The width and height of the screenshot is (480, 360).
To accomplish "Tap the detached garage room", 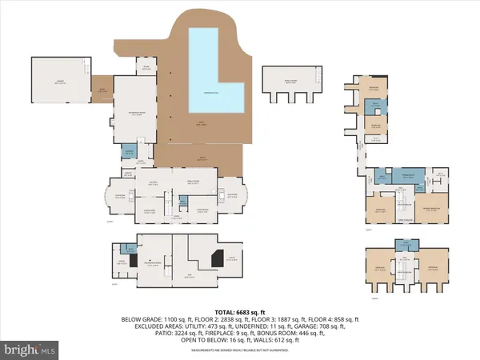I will click(60, 80).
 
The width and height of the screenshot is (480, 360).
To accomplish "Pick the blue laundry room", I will click(129, 151).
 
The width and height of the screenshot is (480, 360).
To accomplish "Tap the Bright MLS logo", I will click(30, 350).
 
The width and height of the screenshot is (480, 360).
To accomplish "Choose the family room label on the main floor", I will click(197, 182).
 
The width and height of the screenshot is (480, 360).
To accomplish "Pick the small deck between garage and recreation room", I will click(102, 90).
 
